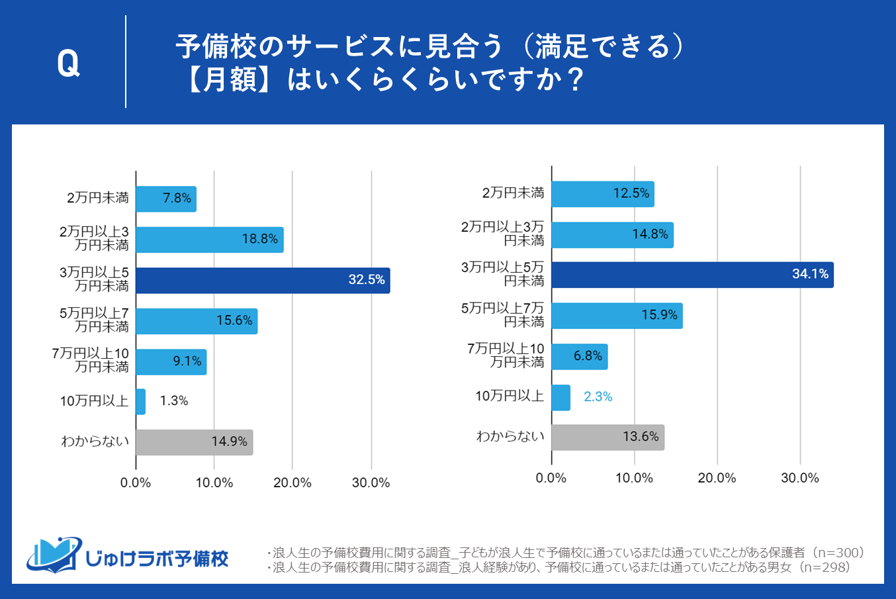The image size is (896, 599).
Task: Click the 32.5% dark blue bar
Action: click(x=263, y=281)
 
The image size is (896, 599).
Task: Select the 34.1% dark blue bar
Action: click(x=692, y=275)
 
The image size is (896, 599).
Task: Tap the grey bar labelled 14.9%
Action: click(x=194, y=442)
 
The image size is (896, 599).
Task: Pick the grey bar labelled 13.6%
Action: click(x=607, y=438)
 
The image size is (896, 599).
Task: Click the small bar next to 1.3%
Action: click(x=140, y=402)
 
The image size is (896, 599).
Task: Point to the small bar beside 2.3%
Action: click(x=560, y=398)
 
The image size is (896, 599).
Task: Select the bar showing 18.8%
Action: click(x=209, y=240)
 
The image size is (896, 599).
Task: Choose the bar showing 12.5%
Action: click(x=602, y=194)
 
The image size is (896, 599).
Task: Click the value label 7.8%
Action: click(x=177, y=199)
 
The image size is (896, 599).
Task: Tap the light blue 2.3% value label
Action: click(x=598, y=397)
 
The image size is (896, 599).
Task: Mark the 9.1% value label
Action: click(x=187, y=361)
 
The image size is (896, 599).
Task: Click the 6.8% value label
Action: click(x=588, y=356)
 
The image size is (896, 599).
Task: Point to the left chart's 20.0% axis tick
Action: click(x=292, y=483)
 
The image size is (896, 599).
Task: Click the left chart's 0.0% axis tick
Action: click(x=136, y=483)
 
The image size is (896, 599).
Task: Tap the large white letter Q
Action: click(x=68, y=64)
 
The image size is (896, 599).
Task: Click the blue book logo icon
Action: click(x=53, y=555)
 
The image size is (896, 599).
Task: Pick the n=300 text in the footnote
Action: click(x=838, y=553)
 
